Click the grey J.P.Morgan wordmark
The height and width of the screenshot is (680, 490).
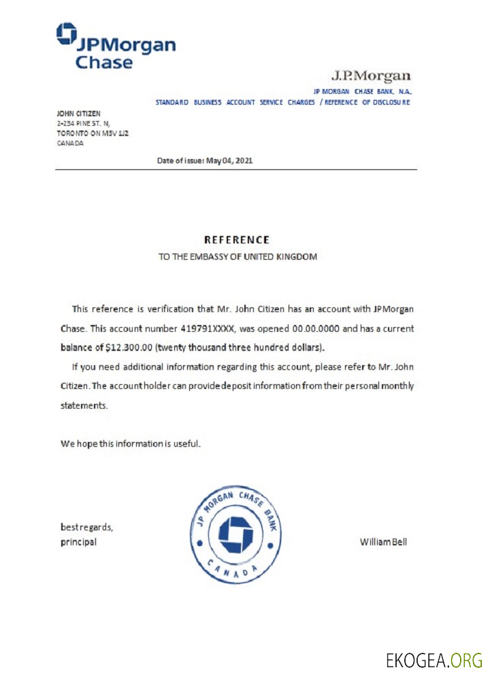pyautogui.click(x=371, y=75)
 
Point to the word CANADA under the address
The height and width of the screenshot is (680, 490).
pyautogui.click(x=70, y=143)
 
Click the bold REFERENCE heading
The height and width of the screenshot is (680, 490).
pyautogui.click(x=237, y=240)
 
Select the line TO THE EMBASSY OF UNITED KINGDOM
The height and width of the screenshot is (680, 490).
pyautogui.click(x=238, y=258)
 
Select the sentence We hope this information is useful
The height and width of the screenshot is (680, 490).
pyautogui.click(x=131, y=444)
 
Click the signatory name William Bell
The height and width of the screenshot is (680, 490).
pyautogui.click(x=383, y=542)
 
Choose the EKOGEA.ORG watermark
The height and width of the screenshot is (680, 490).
pyautogui.click(x=434, y=659)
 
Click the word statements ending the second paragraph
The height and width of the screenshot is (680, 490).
pyautogui.click(x=84, y=405)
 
